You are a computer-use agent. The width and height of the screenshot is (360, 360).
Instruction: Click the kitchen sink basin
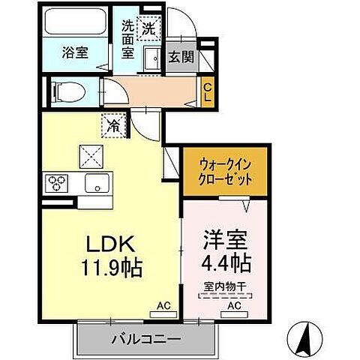tap(96, 184)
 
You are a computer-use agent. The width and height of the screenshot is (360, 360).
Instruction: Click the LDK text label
tap(111, 245)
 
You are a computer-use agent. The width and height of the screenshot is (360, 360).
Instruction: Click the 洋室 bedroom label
tap(223, 241)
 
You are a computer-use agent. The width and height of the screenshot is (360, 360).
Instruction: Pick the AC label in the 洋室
tap(233, 306)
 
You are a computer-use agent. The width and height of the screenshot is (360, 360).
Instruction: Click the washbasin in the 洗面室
tap(150, 58)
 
